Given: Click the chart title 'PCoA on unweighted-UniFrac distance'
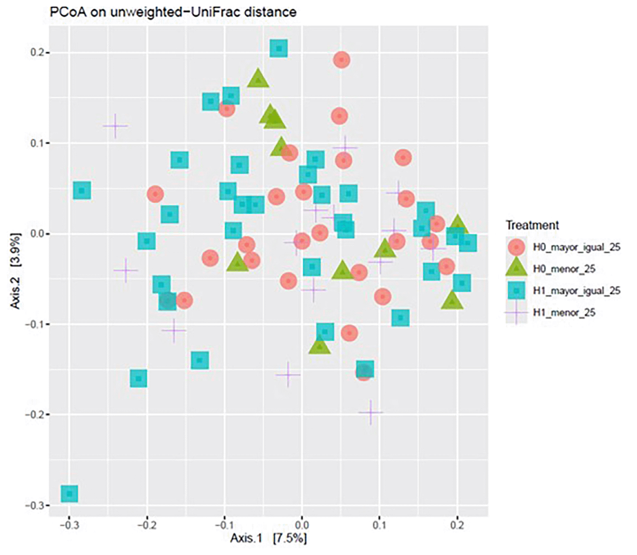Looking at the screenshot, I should [x=173, y=12].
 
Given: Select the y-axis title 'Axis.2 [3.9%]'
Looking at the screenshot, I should [x=16, y=271].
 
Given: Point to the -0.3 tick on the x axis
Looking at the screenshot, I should [x=69, y=525].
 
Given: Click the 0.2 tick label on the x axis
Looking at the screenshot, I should [x=457, y=525].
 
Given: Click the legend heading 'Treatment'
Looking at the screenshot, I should [x=532, y=225].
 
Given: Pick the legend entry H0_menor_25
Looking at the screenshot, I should [x=564, y=269].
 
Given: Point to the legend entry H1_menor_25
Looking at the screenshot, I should [x=564, y=313].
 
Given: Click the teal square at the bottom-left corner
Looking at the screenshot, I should [x=69, y=494].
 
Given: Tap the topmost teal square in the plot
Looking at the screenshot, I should [x=279, y=48].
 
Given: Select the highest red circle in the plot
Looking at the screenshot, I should [x=342, y=60].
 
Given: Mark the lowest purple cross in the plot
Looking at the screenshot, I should [x=371, y=412].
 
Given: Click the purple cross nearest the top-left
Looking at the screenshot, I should [x=115, y=126].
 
